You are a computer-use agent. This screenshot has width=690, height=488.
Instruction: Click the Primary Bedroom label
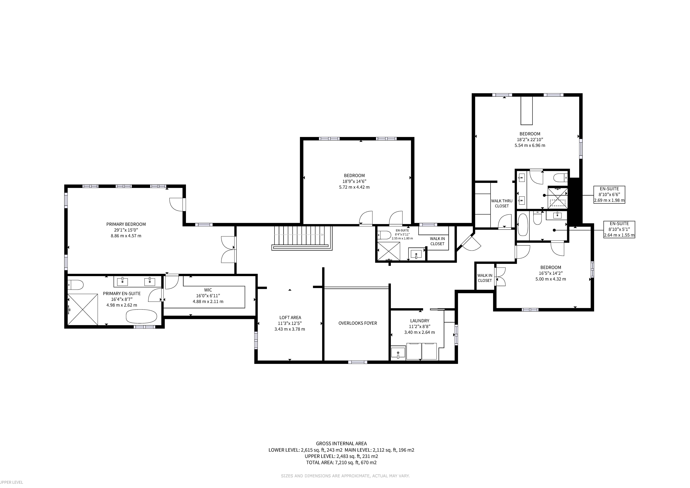[x=126, y=224]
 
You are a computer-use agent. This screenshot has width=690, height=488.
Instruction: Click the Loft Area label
[x=290, y=317]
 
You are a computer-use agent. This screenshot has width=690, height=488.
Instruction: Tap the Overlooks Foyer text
[x=358, y=323]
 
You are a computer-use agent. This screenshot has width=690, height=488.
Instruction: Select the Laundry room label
[x=419, y=321]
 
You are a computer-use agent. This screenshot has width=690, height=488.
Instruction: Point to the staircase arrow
[x=299, y=235]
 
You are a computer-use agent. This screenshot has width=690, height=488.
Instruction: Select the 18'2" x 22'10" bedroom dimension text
[x=530, y=139]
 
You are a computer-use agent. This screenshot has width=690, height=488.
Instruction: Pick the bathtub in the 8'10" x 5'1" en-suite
[x=523, y=225]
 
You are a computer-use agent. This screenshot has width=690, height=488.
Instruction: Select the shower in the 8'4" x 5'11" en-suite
[x=389, y=251]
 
